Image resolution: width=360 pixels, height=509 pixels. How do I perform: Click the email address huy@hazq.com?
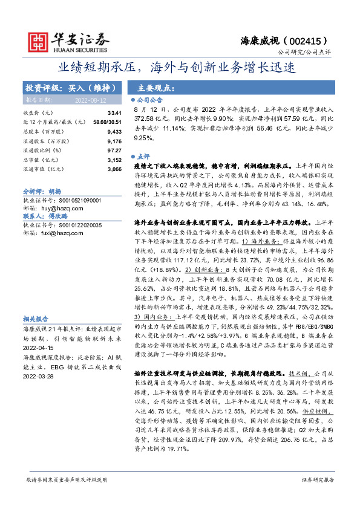coord(59,207)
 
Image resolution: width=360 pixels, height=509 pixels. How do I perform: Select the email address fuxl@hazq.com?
coord(59,232)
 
